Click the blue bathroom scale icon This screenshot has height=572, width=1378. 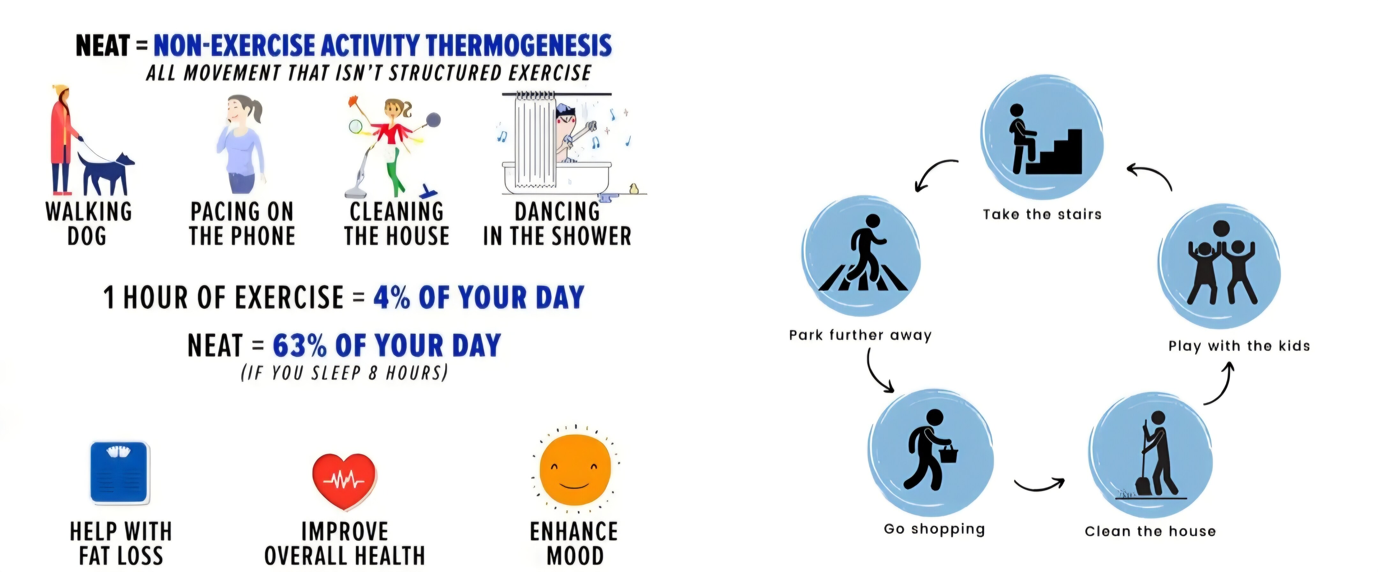pyautogui.click(x=119, y=472)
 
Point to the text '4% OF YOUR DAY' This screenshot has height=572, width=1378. pyautogui.click(x=478, y=297)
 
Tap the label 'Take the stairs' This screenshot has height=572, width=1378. pyautogui.click(x=1042, y=214)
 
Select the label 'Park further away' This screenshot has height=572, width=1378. pyautogui.click(x=860, y=335)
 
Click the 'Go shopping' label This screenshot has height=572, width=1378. pyautogui.click(x=934, y=529)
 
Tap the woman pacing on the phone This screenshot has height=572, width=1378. pyautogui.click(x=241, y=145)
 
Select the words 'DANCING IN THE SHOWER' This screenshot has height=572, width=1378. pyautogui.click(x=557, y=224)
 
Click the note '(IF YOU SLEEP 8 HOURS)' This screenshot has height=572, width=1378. pyautogui.click(x=344, y=373)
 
